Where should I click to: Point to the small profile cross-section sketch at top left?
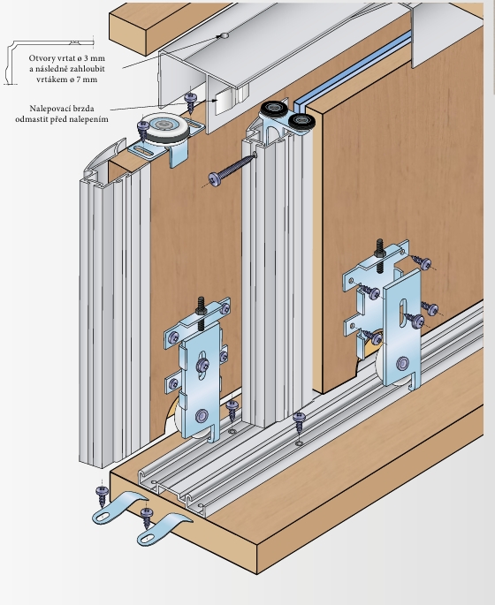pos(49,62)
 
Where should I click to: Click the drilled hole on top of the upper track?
pos(224,36)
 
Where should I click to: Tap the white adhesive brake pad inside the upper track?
pos(223,102)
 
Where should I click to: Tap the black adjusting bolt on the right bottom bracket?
pos(380,256)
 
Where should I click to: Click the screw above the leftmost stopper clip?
pos(103,495)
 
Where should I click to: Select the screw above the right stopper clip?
pos(147,518)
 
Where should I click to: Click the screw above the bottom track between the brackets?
pos(300,422)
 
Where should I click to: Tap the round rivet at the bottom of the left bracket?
pos(202,416)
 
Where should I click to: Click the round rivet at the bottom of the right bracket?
pos(403,363)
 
